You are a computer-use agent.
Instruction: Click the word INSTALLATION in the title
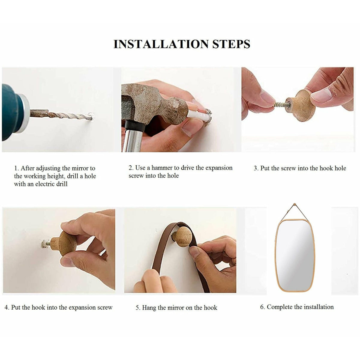[161, 44]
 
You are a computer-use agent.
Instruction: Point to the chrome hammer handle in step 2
[133, 138]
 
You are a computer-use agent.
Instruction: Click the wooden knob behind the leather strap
[182, 237]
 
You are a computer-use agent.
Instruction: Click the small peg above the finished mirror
[295, 204]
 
